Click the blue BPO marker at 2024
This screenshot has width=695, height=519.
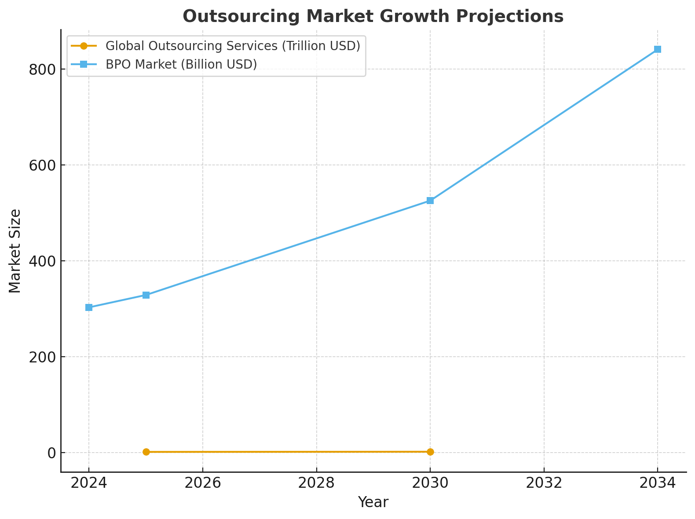coord(89,307)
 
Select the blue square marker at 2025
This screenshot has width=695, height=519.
coord(146,295)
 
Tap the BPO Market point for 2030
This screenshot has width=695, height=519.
coord(430,201)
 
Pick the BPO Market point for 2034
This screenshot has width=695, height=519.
coord(658,49)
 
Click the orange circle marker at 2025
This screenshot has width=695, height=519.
coord(146,452)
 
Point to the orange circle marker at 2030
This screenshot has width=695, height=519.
coord(430,452)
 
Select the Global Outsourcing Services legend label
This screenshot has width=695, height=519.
coord(233,46)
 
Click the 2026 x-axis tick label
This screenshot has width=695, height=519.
coord(202,483)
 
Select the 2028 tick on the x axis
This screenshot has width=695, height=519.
coord(316,483)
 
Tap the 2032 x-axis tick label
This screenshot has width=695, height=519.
coord(544,483)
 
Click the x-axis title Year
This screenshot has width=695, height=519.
coord(373,502)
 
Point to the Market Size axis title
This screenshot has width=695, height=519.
coord(15,251)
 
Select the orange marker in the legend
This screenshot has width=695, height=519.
coord(84,46)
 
